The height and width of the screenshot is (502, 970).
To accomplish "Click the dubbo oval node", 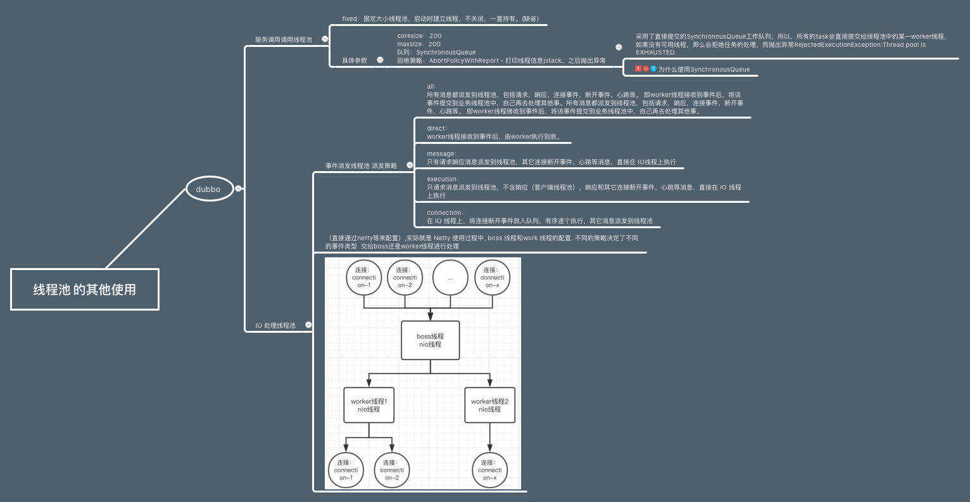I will click(209, 189).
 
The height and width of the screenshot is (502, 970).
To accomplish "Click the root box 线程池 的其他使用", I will click(85, 289).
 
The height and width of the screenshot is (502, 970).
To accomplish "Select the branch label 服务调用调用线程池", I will click(283, 39).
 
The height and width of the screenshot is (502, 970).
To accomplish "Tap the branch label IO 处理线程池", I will click(275, 325).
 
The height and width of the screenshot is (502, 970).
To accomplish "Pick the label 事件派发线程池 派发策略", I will click(361, 165).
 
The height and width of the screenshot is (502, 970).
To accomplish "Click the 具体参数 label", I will click(355, 60).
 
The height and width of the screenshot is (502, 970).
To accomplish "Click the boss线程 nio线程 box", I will click(430, 340).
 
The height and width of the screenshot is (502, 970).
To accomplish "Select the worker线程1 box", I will click(368, 405).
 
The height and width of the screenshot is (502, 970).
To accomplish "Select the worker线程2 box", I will click(489, 405).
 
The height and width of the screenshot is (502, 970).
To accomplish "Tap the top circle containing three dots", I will click(450, 278).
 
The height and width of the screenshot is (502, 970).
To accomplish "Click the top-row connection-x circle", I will click(492, 278).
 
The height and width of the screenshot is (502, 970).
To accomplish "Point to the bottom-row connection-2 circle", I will click(392, 470).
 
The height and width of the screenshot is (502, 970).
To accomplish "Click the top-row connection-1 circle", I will click(364, 278).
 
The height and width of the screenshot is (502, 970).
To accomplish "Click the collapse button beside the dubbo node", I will click(238, 188).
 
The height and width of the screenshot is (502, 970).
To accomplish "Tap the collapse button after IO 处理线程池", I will click(308, 325).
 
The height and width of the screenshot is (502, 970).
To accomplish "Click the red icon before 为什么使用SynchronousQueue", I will click(638, 68).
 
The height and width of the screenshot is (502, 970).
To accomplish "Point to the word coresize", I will click(410, 36).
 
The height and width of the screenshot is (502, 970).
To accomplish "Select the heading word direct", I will click(436, 128).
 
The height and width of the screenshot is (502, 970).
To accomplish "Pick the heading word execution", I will click(442, 179).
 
